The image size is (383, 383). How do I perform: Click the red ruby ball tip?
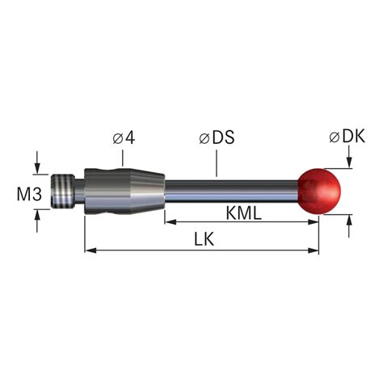319,191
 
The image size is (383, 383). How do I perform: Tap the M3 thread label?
29,194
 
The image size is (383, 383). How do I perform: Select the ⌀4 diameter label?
124,138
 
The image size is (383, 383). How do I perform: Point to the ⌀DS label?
217,137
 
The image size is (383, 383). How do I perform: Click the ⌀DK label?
347,137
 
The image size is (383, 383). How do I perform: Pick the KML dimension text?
244,213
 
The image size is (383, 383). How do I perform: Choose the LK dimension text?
204,239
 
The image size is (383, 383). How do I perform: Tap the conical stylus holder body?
124,191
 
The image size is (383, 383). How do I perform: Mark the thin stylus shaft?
232,191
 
